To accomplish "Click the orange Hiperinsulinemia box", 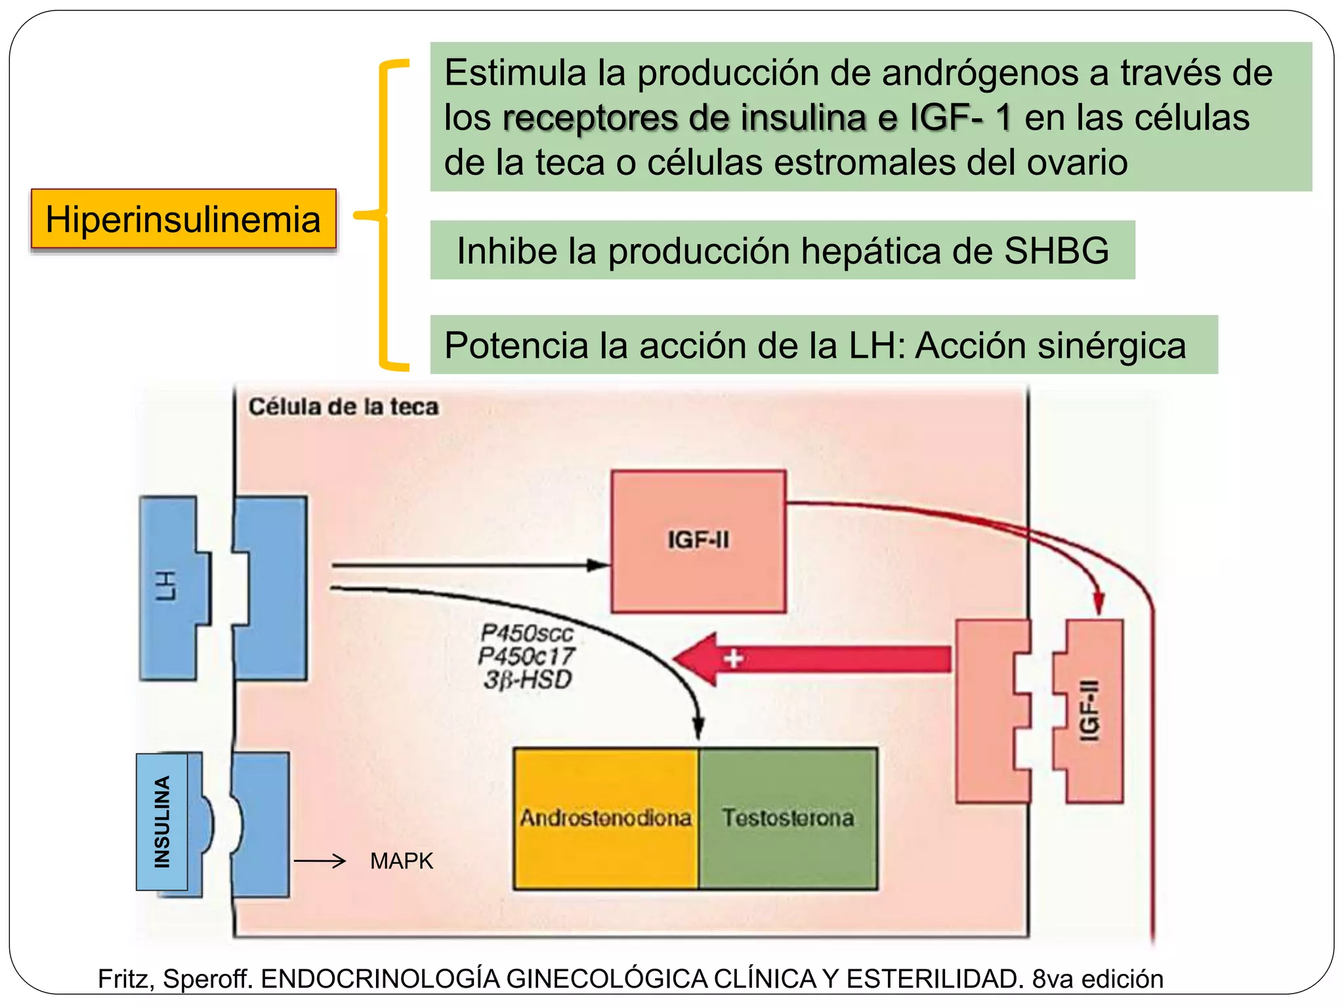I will pyautogui.click(x=183, y=219).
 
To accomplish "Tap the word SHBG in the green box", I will pyautogui.click(x=1056, y=251).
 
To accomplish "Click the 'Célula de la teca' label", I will pyautogui.click(x=343, y=407).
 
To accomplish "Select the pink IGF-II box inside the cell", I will pyautogui.click(x=698, y=541).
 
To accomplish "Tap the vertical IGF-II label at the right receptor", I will pyautogui.click(x=1089, y=710).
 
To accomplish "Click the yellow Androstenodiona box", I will pyautogui.click(x=606, y=818).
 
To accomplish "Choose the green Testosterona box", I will pyautogui.click(x=788, y=818).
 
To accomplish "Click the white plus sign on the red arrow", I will pyautogui.click(x=733, y=658).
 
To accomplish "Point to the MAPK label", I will pyautogui.click(x=402, y=861).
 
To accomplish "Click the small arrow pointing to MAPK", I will pyautogui.click(x=320, y=861).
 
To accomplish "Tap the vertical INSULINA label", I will pyautogui.click(x=162, y=822).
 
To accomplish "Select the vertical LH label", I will pyautogui.click(x=166, y=586).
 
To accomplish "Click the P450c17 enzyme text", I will pyautogui.click(x=526, y=656).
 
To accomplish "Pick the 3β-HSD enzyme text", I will pyautogui.click(x=528, y=680).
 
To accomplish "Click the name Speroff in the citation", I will pyautogui.click(x=207, y=979).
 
